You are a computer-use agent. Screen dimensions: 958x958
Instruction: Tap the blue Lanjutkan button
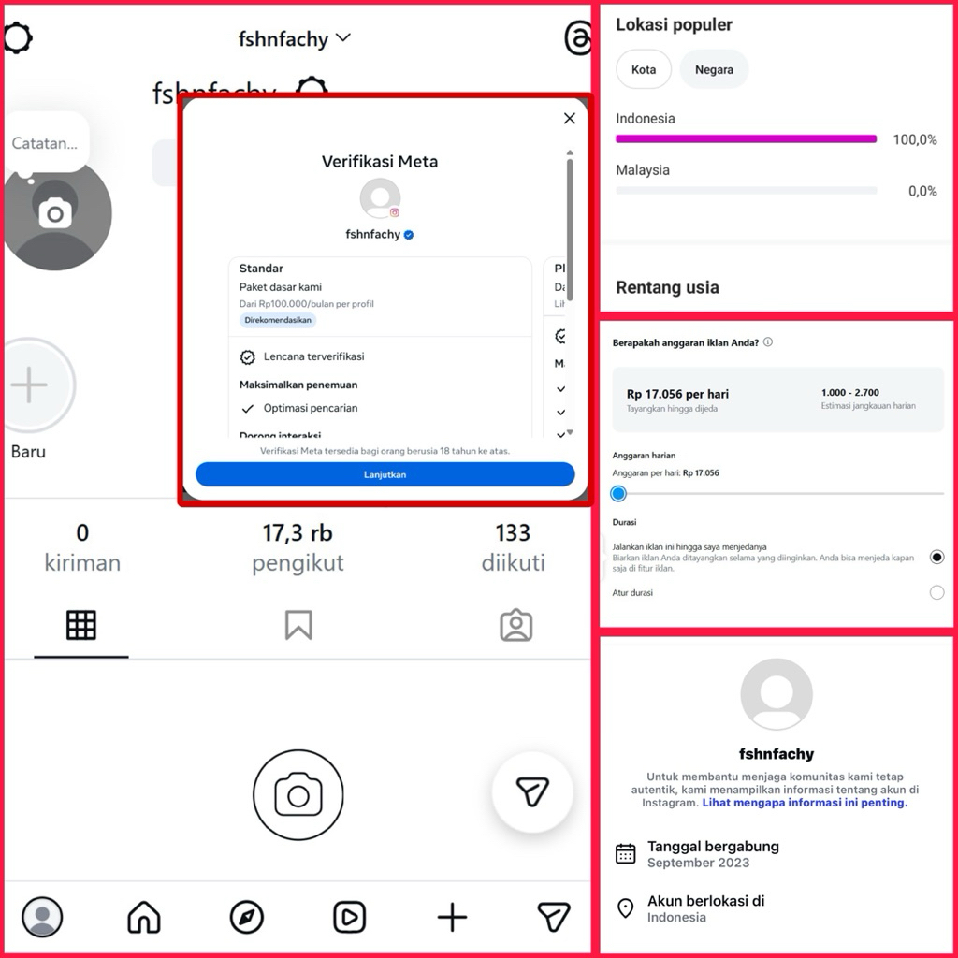(x=385, y=474)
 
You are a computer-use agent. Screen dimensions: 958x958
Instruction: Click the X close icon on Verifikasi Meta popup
(x=569, y=119)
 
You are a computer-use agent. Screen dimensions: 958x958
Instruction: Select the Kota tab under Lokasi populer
(x=644, y=70)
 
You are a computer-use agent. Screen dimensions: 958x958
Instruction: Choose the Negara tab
(x=714, y=70)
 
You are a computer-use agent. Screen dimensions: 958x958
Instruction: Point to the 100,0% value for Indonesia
(x=914, y=139)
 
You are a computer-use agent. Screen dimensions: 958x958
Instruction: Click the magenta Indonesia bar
(x=746, y=139)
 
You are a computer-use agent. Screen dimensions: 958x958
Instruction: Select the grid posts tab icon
(x=81, y=625)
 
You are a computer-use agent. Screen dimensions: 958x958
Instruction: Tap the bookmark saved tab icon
(x=298, y=625)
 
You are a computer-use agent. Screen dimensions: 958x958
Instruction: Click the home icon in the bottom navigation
(x=144, y=917)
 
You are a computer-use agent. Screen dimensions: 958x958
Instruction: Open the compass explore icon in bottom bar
(x=247, y=917)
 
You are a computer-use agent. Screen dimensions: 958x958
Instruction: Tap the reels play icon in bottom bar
(x=350, y=917)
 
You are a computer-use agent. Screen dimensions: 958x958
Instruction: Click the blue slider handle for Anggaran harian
(x=618, y=493)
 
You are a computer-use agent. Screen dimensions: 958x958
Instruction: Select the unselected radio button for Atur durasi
(x=936, y=592)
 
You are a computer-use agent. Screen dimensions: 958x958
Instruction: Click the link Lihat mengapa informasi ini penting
(x=805, y=803)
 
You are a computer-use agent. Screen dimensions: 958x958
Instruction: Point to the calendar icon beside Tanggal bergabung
(x=626, y=853)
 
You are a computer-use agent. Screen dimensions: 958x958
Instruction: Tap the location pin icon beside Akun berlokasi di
(x=626, y=908)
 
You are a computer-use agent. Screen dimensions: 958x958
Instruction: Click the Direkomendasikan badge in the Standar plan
(x=278, y=320)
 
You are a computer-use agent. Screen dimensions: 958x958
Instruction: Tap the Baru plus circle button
(x=30, y=385)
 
